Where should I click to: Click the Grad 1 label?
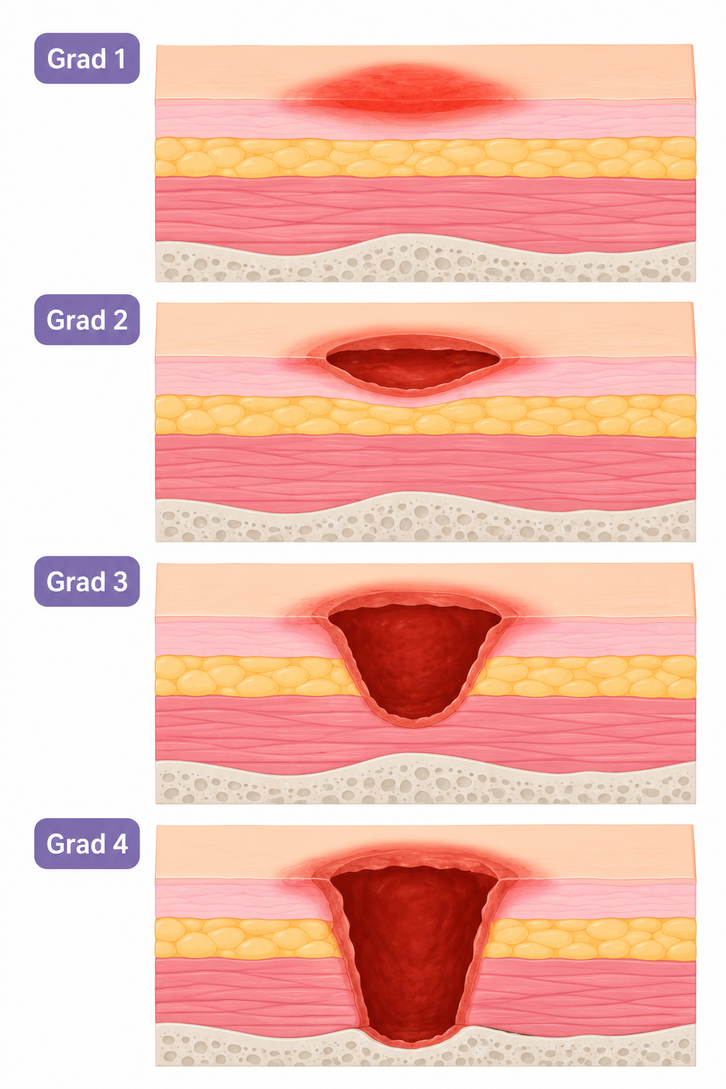[87, 58]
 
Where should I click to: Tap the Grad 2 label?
[87, 320]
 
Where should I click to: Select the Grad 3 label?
[87, 581]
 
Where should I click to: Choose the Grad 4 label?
[87, 844]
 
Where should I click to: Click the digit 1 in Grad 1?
[120, 59]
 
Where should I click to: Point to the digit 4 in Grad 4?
[120, 844]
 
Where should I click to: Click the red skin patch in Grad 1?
[400, 91]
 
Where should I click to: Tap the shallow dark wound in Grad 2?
[413, 367]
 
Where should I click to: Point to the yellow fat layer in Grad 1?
[425, 157]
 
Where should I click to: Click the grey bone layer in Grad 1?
[425, 262]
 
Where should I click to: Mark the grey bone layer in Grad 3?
[425, 781]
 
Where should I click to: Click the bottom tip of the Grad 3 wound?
[413, 726]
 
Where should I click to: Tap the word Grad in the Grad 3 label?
[75, 582]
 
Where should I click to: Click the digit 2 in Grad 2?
[120, 320]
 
